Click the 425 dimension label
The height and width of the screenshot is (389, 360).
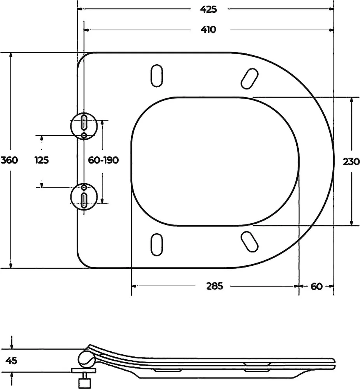[209, 9]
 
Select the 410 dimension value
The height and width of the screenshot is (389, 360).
[209, 30]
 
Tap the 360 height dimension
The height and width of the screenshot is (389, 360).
[9, 160]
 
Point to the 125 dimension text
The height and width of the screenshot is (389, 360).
[42, 160]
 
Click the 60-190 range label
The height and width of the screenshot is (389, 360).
[104, 160]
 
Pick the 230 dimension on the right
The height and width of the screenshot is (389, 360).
[351, 162]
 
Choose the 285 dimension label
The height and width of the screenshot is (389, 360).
[215, 286]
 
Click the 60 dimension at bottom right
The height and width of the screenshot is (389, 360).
[316, 286]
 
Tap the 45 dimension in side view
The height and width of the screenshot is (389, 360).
[11, 360]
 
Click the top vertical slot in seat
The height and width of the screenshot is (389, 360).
[157, 76]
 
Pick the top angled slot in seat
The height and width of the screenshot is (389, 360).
[250, 79]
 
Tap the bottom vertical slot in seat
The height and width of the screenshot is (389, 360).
[157, 244]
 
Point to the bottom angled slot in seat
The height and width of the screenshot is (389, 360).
[250, 242]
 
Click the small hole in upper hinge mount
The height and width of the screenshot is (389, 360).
[84, 135]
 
